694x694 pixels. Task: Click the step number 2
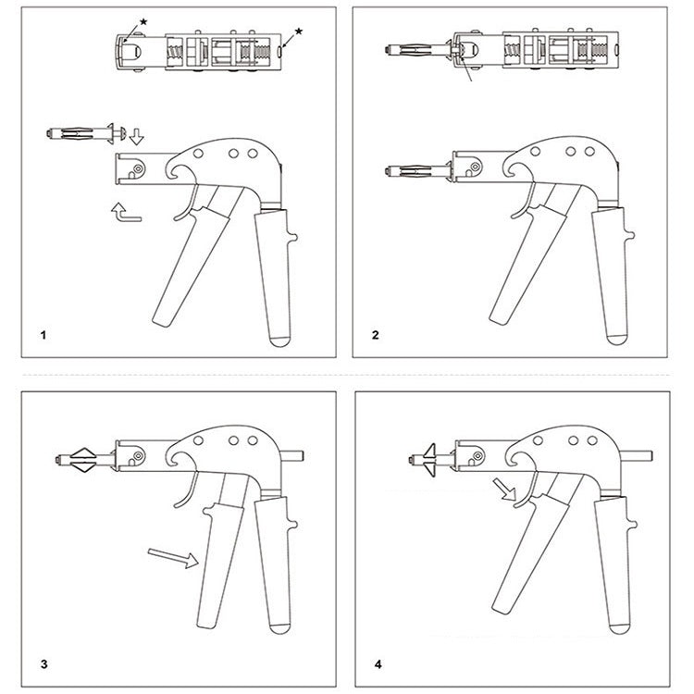[376, 335]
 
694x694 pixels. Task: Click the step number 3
[43, 663]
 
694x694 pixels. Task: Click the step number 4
[377, 663]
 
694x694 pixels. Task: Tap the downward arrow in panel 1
[136, 138]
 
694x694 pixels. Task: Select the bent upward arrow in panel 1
[122, 211]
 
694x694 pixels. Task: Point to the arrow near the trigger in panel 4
[505, 489]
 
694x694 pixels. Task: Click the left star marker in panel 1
[143, 20]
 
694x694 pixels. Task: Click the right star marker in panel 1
[298, 31]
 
